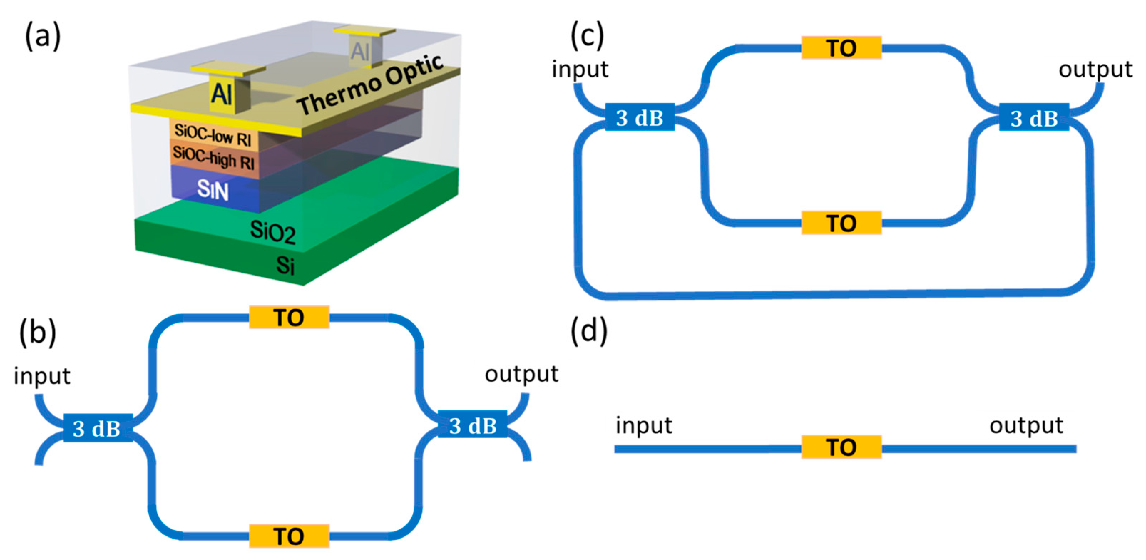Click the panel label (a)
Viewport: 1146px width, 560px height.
coord(42,36)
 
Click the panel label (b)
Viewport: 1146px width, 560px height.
coord(37,333)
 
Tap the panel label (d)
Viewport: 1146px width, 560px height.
coord(588,331)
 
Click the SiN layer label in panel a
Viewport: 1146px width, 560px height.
coord(213,190)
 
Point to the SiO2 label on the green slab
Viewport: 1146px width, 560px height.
coord(272,232)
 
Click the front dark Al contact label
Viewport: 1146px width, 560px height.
coord(221,94)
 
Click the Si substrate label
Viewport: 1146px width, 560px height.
coord(285,265)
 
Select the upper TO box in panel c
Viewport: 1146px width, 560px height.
coord(841,48)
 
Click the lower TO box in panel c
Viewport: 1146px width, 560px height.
coord(841,223)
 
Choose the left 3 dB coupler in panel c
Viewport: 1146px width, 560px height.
coord(640,117)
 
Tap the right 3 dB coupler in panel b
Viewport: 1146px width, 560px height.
coord(472,425)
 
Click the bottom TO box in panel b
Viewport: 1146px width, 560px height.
coord(289,536)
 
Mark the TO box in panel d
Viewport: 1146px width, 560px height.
coord(841,447)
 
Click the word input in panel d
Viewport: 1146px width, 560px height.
coord(643,425)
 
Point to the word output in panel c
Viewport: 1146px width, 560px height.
coord(1095,70)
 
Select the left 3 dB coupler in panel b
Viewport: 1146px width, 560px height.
coord(97,428)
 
